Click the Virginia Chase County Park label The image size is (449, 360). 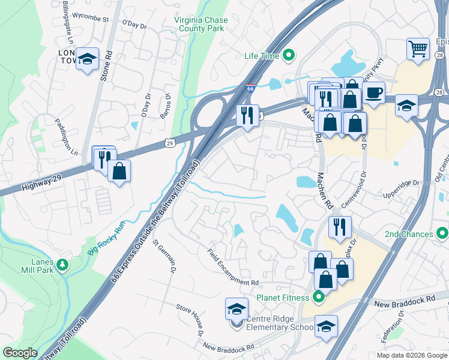pos(201,24)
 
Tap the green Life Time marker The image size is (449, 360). pos(289,56)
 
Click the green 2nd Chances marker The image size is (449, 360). pos(442,233)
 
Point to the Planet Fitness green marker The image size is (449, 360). pos(318,298)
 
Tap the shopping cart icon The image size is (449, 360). pos(418,48)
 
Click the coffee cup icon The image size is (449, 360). pos(373,93)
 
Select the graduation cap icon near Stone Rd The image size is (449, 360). pos(88,59)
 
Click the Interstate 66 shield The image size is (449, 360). pos(250,88)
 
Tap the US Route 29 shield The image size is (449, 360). pos(170,143)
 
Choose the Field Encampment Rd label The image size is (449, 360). pos(233,267)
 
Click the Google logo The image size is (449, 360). pos(20,353)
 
